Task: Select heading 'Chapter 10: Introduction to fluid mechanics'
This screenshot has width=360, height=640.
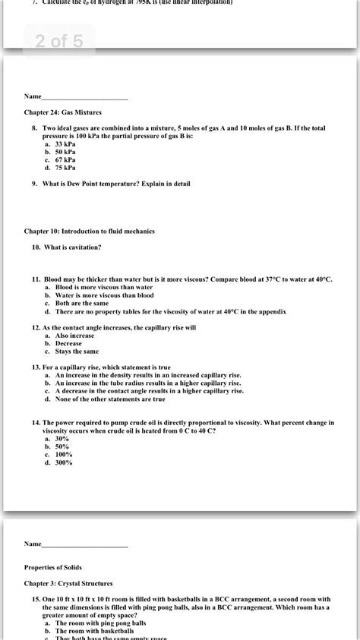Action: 99,230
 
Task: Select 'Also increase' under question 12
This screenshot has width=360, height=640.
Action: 74,335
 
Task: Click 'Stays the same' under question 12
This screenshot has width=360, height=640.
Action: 77,352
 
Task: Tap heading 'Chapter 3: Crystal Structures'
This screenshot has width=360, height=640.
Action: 68,583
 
